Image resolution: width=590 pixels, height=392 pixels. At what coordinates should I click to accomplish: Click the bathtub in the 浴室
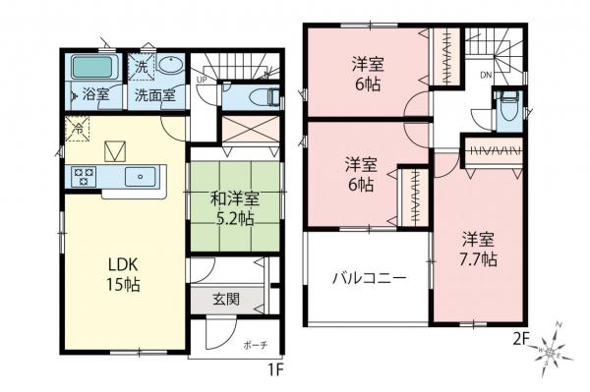pos(93,71)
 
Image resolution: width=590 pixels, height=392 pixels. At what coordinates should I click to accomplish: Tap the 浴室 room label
pos(95,96)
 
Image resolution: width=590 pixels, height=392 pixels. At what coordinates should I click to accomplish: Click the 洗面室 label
pos(153,96)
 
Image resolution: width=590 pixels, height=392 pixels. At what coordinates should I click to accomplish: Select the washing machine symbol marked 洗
pos(141,68)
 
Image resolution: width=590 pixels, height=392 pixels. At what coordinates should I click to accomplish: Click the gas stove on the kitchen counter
pos(83,177)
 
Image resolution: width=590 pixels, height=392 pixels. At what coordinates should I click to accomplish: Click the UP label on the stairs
pos(202,79)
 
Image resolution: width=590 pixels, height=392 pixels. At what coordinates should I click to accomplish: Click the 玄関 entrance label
pos(227,300)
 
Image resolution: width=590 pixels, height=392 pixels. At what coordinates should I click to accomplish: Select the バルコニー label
pos(368,278)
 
